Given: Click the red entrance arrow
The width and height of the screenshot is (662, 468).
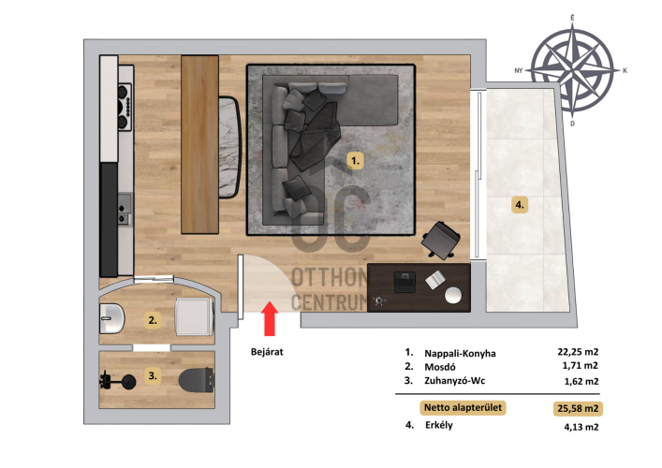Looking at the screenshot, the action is click(x=270, y=318).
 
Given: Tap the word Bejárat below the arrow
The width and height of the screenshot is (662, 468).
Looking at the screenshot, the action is click(x=267, y=352).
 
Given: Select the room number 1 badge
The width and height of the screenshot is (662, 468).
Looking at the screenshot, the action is click(x=355, y=161).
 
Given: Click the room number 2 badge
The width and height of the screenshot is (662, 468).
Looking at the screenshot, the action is click(x=153, y=320).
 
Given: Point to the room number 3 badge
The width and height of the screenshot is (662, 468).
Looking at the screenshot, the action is click(x=153, y=375).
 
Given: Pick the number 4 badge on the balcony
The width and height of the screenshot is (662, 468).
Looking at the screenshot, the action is click(x=520, y=205).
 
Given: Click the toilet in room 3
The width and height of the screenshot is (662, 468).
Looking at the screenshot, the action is click(x=196, y=380).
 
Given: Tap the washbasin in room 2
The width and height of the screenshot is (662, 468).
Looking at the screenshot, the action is click(x=111, y=318).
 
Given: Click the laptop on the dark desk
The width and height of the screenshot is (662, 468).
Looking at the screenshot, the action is click(x=405, y=282).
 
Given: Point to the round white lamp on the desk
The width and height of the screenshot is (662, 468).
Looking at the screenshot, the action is click(x=453, y=296).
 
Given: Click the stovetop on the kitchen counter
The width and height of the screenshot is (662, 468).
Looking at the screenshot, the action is click(x=125, y=108).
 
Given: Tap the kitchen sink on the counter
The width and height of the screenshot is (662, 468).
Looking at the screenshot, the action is click(x=125, y=209).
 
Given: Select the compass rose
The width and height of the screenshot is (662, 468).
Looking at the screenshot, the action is click(x=572, y=70).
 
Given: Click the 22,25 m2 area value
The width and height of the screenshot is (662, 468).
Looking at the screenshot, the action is click(x=578, y=352).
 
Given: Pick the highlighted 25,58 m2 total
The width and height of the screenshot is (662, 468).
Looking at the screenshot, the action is click(x=578, y=408).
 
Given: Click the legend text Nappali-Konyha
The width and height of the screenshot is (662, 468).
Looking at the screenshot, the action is click(x=460, y=353).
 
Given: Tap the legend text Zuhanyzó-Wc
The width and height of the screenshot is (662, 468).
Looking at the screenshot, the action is click(x=455, y=381).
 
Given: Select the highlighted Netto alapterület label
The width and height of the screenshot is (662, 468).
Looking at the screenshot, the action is click(x=463, y=408).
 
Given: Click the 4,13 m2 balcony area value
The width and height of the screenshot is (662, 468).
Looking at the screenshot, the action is click(x=581, y=427).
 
